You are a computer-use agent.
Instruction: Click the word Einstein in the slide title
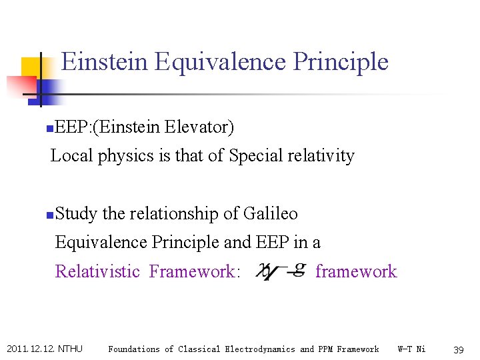(105, 61)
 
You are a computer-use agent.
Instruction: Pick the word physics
(123, 156)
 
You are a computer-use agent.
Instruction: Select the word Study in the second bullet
(77, 214)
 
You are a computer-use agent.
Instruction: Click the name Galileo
(270, 214)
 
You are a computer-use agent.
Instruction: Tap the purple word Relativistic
(97, 271)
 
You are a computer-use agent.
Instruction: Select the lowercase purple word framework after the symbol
(355, 271)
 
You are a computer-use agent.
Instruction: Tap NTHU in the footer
(70, 349)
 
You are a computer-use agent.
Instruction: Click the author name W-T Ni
(411, 349)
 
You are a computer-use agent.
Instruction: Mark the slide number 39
(458, 349)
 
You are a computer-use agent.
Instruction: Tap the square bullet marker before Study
(51, 215)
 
